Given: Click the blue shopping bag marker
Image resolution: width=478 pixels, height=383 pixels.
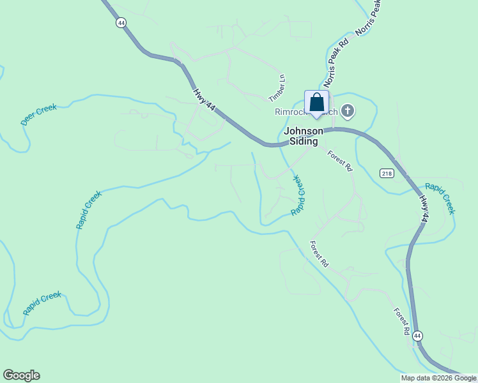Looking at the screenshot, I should tap(316, 103).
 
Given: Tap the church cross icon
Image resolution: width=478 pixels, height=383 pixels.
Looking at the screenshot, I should tap(348, 112).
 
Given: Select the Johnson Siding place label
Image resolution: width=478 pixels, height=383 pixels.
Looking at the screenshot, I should tap(304, 135).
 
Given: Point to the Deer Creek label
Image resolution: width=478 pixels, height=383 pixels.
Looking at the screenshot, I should tap(38, 115).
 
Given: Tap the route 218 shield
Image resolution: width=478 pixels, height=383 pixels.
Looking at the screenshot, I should tap(386, 173).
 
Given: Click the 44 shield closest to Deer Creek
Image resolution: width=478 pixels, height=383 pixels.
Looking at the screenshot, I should tap(121, 22).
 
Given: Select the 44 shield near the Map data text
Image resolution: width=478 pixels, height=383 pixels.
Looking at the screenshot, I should tap(417, 335).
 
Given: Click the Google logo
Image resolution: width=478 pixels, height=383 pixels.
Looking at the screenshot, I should tap(21, 375).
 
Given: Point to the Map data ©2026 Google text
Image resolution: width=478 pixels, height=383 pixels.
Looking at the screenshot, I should tap(438, 378).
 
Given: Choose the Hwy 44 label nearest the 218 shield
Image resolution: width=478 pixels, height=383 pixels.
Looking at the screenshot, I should tap(423, 208).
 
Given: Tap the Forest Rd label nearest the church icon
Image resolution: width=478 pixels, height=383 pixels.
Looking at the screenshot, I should tap(340, 160).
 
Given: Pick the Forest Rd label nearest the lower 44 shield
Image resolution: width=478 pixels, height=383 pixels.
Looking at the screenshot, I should tap(401, 322).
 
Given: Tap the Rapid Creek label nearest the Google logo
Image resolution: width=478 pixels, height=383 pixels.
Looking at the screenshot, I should tap(42, 303).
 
